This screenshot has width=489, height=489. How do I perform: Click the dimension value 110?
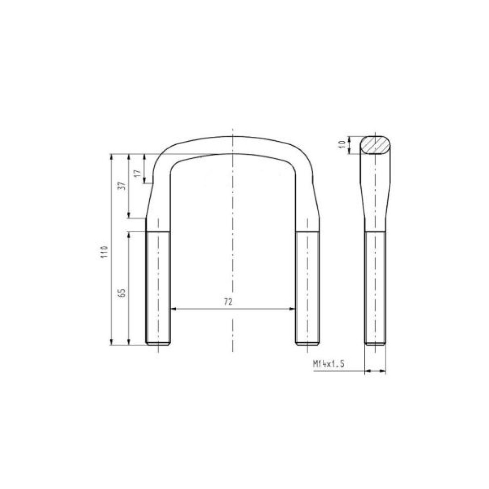point(105,251)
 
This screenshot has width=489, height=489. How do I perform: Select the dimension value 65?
point(122,292)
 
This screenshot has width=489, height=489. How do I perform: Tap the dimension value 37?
point(123,186)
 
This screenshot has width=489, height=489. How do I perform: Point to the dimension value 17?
point(138,174)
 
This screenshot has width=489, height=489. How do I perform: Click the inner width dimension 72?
point(228,302)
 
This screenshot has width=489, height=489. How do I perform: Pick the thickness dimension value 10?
point(343,144)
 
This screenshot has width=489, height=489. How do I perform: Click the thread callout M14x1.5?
point(329,364)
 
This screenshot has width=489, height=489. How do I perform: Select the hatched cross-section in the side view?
point(376,145)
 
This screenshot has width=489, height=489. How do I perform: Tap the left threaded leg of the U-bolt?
point(158,288)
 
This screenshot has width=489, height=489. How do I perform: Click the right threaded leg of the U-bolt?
point(307,288)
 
